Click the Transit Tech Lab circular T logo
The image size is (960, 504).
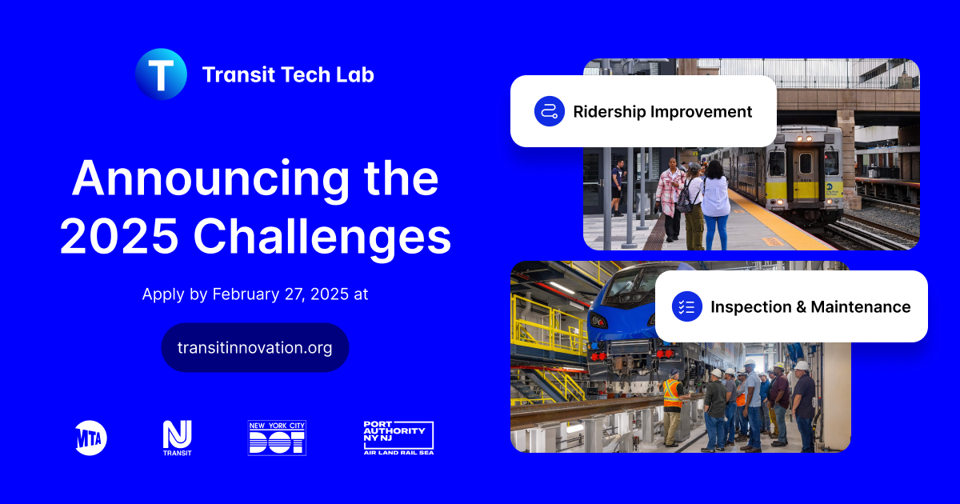(161, 74)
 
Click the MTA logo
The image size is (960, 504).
(90, 438)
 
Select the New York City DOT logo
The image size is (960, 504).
(277, 438)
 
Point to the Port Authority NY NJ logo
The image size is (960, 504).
(398, 438)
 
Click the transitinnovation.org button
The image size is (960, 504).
(254, 348)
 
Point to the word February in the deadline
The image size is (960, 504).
(244, 294)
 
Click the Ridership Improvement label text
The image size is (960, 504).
(662, 111)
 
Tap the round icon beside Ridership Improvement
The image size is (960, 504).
(550, 111)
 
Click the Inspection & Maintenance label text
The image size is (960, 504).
(810, 306)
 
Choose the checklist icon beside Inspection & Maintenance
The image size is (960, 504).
(686, 306)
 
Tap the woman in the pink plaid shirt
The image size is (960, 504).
(669, 196)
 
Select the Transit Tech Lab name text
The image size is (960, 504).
(288, 74)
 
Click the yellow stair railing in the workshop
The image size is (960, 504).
(552, 324)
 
